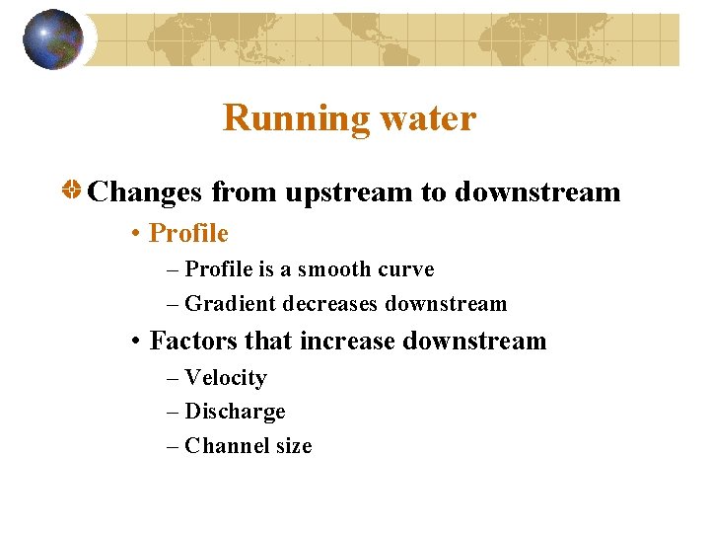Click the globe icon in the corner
tap(52, 39)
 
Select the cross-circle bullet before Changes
tap(72, 191)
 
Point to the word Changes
tap(146, 191)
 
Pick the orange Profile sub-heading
tap(188, 234)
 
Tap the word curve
tap(406, 269)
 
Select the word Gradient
tap(231, 304)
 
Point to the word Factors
tap(193, 342)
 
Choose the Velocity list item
tap(226, 378)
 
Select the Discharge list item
tap(235, 412)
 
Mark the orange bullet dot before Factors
tap(135, 343)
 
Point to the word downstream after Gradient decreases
tap(446, 304)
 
